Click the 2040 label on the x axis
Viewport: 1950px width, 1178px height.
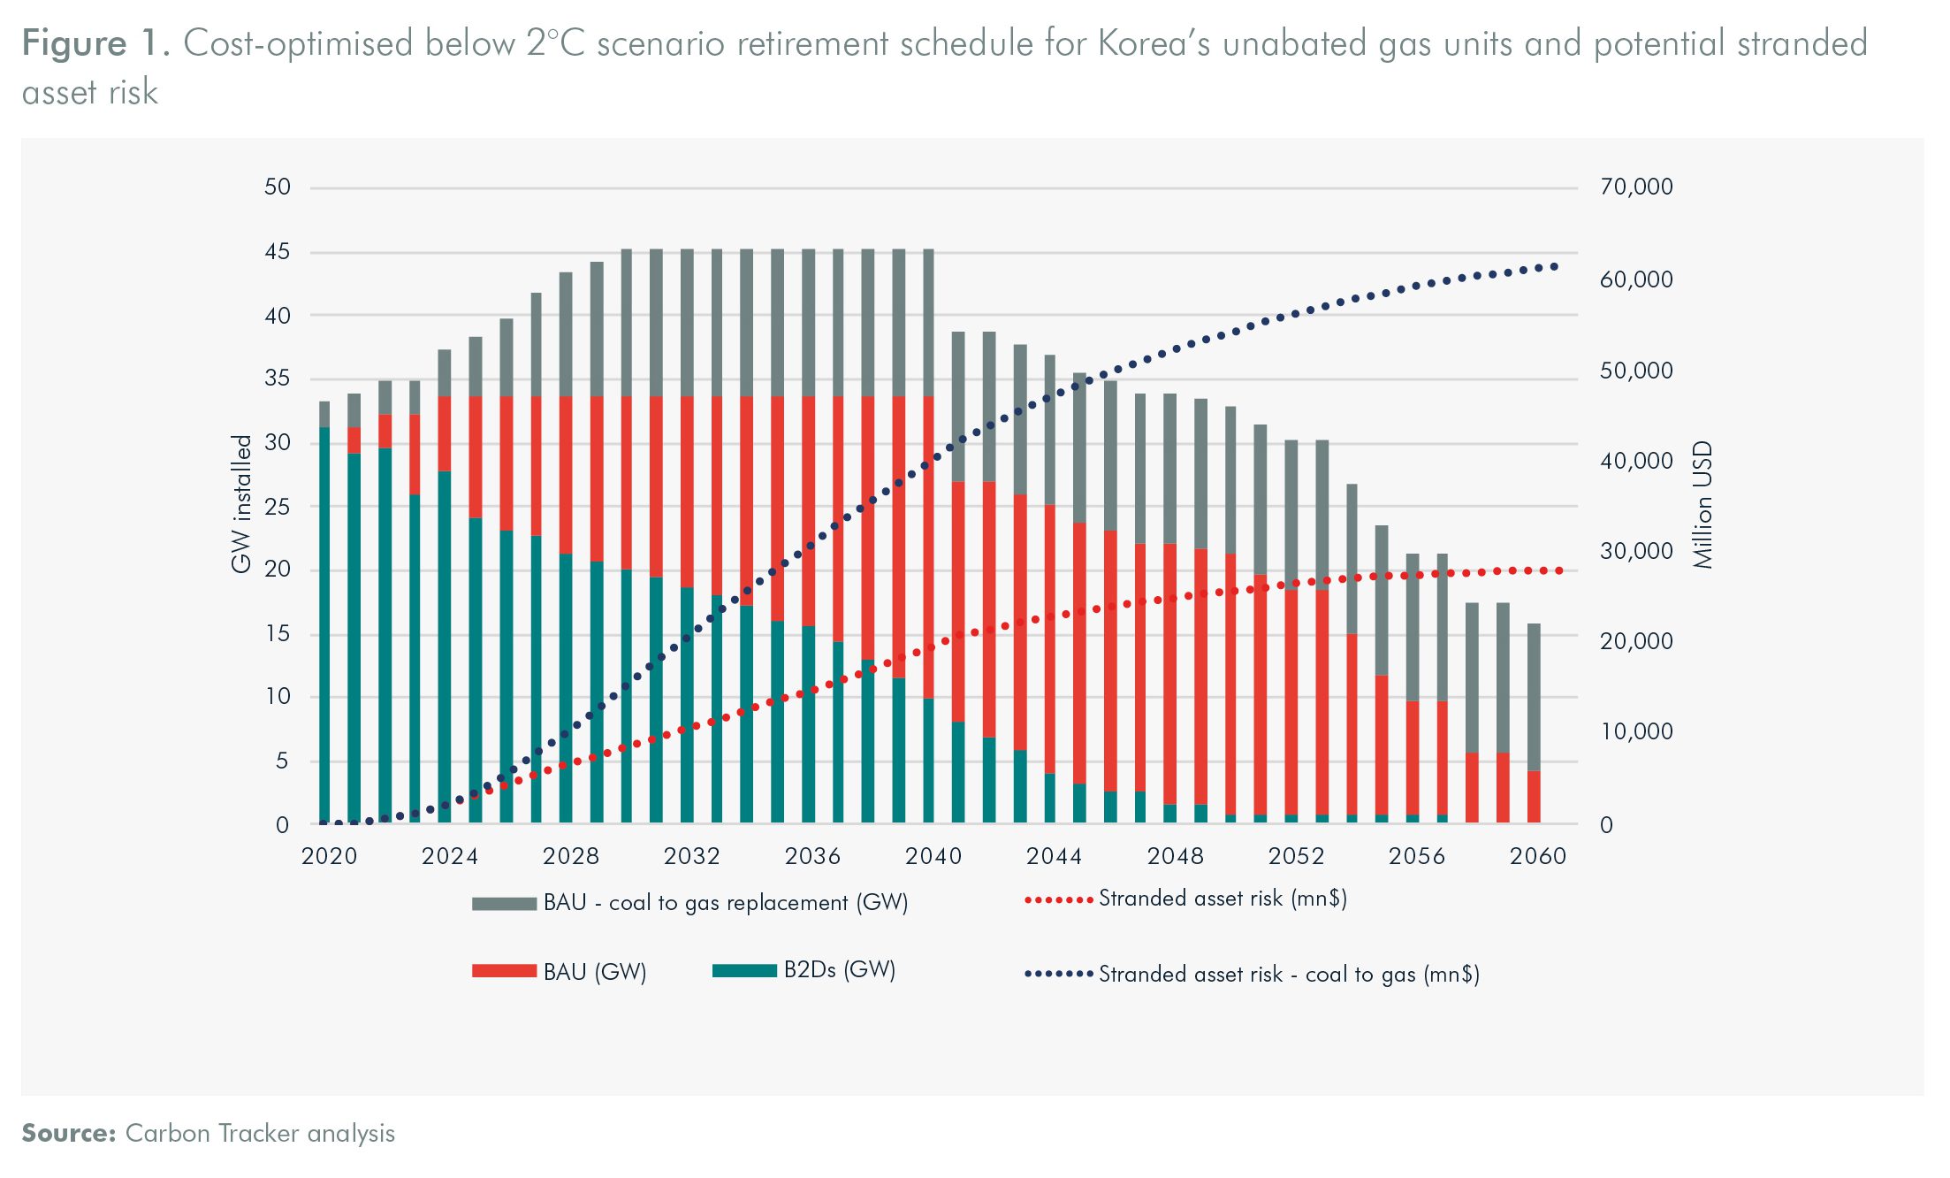point(933,856)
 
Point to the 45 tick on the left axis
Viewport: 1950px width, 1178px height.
point(277,252)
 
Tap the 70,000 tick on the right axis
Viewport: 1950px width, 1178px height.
point(1636,187)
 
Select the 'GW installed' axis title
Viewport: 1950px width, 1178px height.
point(241,504)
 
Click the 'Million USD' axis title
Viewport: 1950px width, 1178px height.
point(1702,504)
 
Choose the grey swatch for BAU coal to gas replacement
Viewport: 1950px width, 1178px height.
point(504,903)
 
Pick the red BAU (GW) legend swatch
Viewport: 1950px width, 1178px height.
point(504,971)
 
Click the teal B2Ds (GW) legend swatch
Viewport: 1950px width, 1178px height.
point(744,970)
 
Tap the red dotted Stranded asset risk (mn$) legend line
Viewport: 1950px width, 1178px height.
point(1059,900)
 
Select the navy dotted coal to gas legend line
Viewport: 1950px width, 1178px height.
point(1059,975)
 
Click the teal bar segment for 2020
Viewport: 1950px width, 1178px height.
point(324,624)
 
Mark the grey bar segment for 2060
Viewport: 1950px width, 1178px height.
point(1534,697)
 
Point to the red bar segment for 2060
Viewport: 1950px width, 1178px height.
point(1534,796)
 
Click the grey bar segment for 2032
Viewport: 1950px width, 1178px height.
point(687,323)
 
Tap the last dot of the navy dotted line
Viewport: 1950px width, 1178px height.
point(1554,266)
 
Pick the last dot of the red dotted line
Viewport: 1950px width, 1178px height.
point(1559,571)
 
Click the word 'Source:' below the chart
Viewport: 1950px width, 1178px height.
point(69,1134)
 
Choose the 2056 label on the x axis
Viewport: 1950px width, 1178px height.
point(1416,856)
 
